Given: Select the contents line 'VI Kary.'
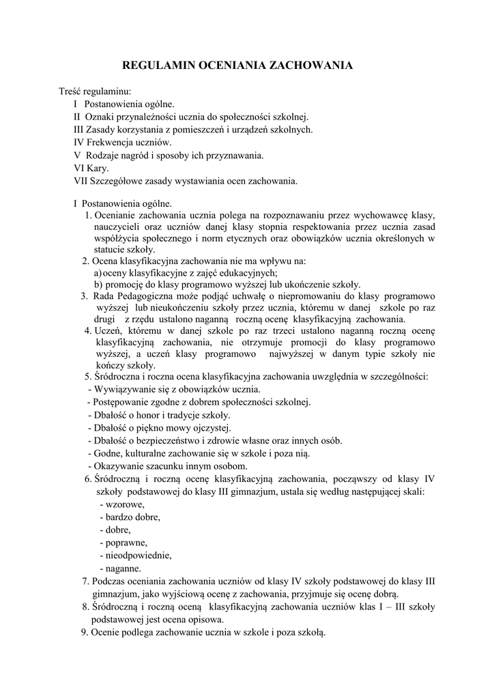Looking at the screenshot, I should (x=91, y=168).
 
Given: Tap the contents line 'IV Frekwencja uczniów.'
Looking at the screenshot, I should (x=122, y=142).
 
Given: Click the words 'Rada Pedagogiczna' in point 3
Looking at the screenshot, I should (x=129, y=296).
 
